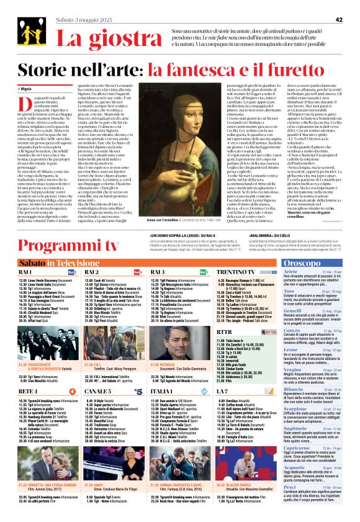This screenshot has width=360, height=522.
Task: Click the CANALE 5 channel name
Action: click(x=98, y=392)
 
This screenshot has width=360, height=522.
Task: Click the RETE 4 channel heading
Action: click(x=28, y=392)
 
